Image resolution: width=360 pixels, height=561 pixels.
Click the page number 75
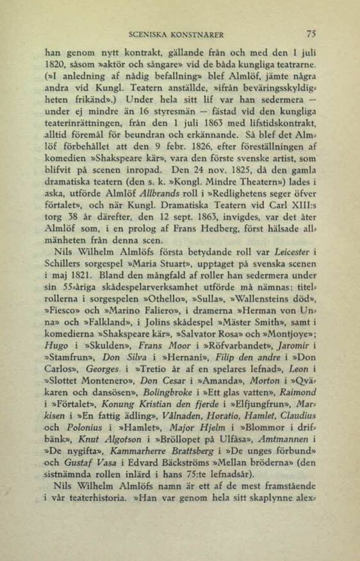click(x=312, y=34)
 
